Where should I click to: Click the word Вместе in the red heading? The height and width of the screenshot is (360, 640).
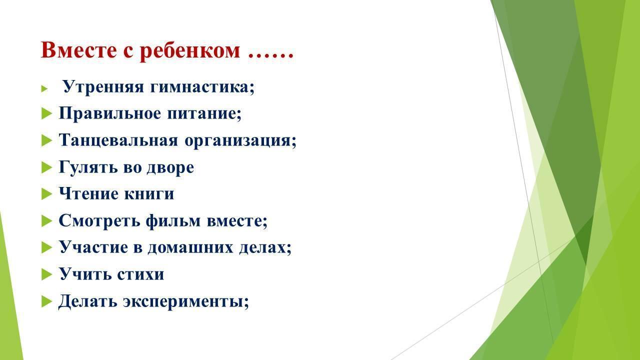coord(79,50)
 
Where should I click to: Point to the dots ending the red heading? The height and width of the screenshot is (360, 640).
coord(270,56)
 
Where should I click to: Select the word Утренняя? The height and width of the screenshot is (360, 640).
coord(103,86)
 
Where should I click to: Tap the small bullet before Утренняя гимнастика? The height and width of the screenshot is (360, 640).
coord(44,88)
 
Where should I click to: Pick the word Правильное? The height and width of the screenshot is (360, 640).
coord(109,113)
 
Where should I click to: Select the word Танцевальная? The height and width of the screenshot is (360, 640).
coord(118,140)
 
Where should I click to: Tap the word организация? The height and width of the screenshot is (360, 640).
coord(240,140)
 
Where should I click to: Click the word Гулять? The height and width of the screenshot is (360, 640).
coord(88,167)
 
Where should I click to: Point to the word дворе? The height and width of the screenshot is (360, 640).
coord(170,167)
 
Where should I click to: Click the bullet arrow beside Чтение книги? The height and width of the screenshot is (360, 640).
coord(46,194)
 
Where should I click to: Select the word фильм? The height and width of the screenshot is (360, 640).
coord(173,220)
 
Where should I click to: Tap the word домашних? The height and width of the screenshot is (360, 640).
coord(190,247)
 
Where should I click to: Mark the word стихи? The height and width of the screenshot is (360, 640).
coord(140,274)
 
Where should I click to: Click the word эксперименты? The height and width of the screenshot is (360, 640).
coord(186,301)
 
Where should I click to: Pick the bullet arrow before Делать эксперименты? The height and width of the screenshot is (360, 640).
coord(46,301)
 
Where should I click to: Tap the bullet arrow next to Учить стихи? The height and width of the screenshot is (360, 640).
coord(46,274)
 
